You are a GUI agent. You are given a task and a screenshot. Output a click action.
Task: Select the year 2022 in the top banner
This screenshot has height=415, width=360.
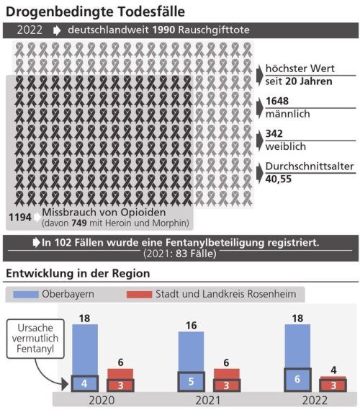coord(29,31)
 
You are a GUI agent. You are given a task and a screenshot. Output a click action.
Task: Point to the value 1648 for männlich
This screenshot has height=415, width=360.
coord(277,101)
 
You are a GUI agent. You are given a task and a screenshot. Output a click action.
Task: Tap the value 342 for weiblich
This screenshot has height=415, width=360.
coord(274,134)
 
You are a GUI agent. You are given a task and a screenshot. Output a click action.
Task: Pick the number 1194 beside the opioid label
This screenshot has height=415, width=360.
coord(20,216)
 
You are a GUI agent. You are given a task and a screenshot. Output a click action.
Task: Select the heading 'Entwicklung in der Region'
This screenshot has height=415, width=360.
coord(78,274)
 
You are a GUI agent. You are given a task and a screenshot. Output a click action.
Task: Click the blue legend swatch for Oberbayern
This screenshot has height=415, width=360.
coord(24,295)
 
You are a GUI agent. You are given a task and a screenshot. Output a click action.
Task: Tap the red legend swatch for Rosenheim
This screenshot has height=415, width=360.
coord(139,295)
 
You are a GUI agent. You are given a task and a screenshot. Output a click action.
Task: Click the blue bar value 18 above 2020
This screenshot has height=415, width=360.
coord(84,318)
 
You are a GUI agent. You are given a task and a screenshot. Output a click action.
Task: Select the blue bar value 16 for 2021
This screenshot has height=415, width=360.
coord(190,326)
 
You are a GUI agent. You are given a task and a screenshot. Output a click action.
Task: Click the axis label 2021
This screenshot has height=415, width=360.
coord(207,400)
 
